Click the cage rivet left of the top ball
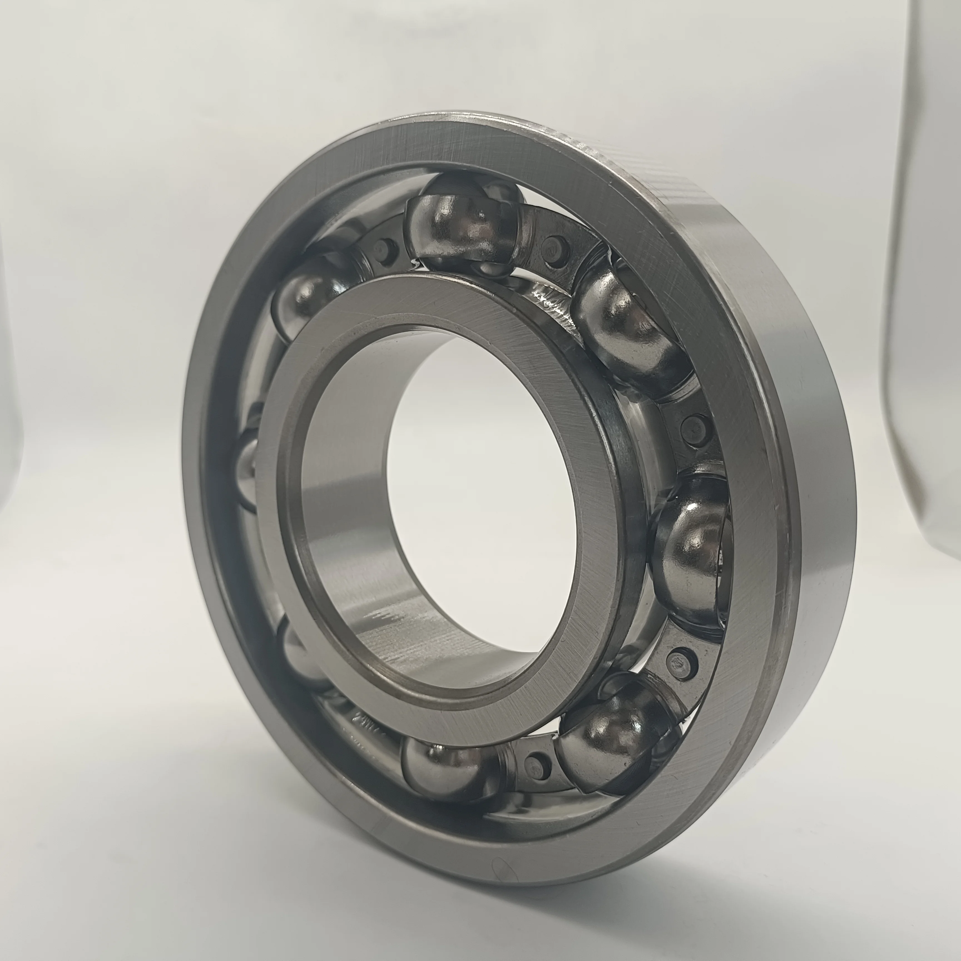[x=382, y=246]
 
